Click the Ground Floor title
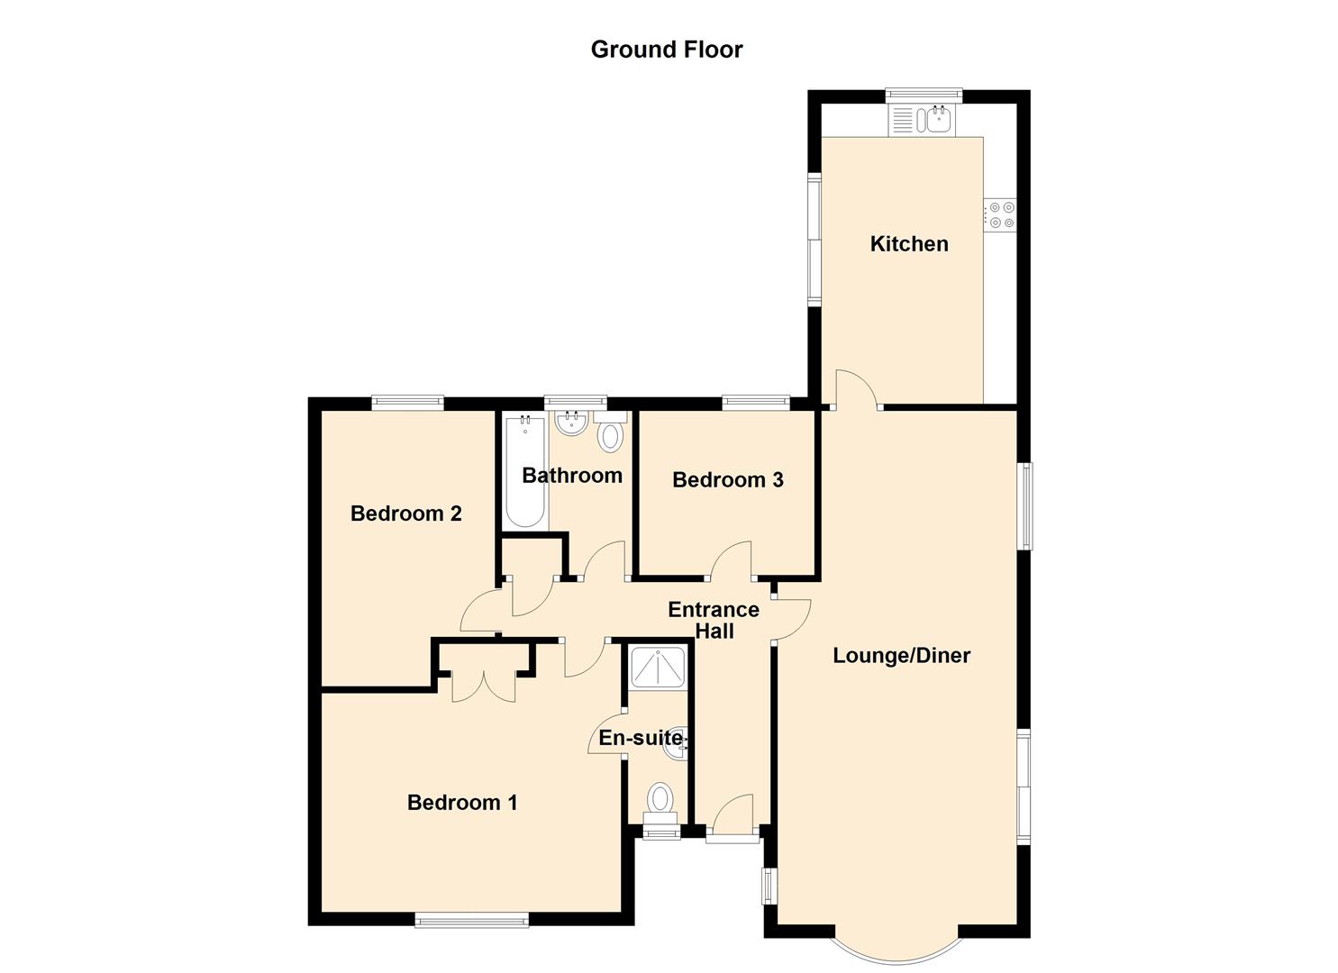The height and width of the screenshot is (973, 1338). [666, 50]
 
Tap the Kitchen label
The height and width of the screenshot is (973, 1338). [908, 244]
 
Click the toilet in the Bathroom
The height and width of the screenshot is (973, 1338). [610, 430]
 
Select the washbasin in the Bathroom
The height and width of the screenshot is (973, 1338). [571, 423]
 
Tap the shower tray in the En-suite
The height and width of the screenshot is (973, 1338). [657, 667]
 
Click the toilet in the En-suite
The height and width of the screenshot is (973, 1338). [660, 805]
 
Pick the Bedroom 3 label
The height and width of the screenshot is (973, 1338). [727, 479]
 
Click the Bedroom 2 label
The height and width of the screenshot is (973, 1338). [405, 514]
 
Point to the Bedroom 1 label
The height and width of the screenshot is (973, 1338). [461, 802]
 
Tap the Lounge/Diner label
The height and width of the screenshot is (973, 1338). [901, 656]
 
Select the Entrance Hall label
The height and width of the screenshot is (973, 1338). [714, 620]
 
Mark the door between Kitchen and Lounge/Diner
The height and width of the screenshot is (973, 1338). [856, 390]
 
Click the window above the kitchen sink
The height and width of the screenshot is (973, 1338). [924, 95]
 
